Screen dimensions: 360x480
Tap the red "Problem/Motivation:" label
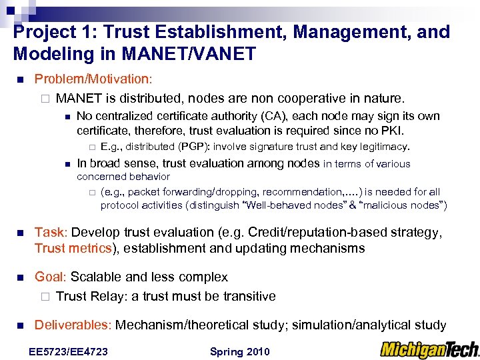(x=93, y=79)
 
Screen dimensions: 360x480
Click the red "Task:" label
(x=51, y=233)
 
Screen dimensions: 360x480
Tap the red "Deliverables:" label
(x=73, y=325)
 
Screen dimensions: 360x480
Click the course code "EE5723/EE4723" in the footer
(x=69, y=351)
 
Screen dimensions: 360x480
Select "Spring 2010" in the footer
(x=239, y=351)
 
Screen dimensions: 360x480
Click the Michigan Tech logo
(x=429, y=349)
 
